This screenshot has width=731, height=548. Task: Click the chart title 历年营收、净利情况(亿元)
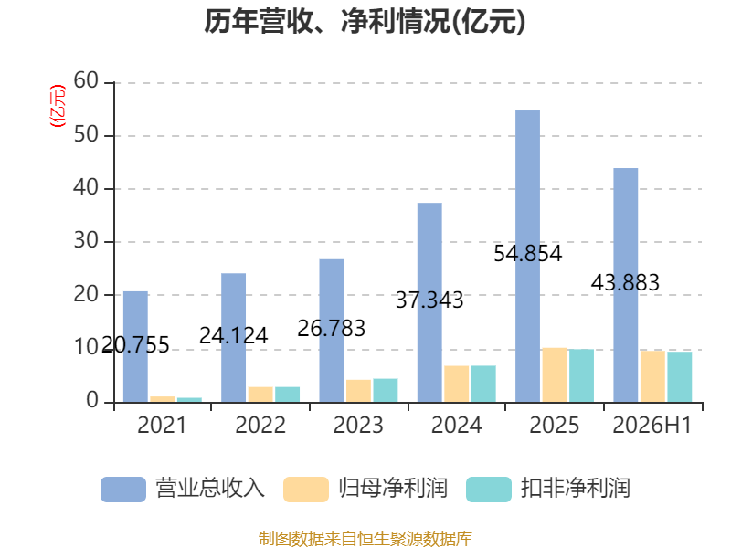tap(365, 21)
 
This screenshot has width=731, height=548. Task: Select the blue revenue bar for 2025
tap(528, 256)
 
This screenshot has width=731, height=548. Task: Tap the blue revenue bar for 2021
tap(135, 347)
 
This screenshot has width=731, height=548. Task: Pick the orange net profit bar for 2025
tap(555, 375)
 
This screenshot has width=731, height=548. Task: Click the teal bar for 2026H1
tap(680, 377)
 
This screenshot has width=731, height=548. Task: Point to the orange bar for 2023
tap(358, 391)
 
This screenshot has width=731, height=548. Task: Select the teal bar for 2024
tap(483, 384)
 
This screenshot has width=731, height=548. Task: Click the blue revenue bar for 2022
tap(234, 338)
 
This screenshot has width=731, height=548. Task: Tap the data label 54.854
tap(528, 254)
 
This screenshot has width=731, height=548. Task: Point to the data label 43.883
tap(625, 283)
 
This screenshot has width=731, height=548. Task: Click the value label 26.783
tap(332, 329)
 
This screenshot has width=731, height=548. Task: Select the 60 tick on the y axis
tap(86, 81)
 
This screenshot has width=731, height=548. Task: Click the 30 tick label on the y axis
tap(86, 241)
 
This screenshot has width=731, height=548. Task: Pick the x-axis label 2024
tap(456, 425)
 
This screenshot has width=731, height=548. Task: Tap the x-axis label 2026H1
tap(652, 425)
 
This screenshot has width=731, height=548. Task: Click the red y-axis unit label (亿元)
tap(58, 106)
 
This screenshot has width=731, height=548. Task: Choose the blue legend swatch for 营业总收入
tap(123, 490)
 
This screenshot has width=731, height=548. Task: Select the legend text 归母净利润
tap(393, 489)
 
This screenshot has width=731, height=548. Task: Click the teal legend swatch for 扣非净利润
tap(489, 490)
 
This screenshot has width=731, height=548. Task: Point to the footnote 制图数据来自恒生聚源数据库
tap(365, 539)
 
